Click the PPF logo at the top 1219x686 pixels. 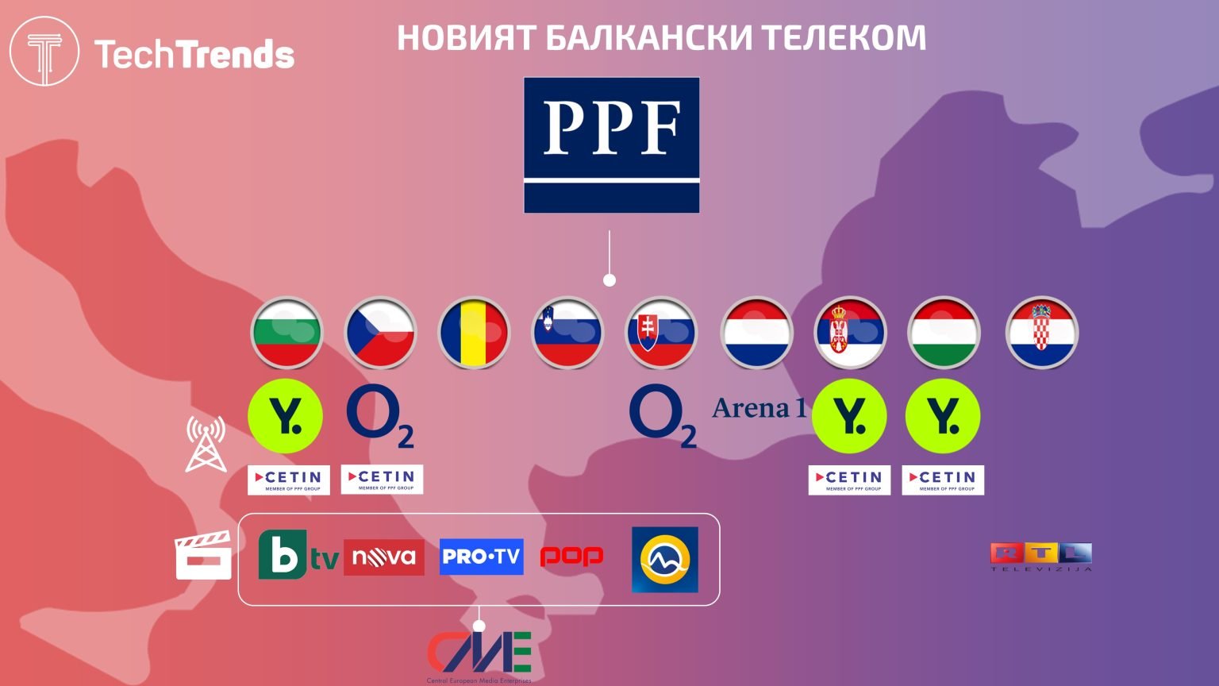tap(611, 145)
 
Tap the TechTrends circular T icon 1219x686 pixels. tap(44, 52)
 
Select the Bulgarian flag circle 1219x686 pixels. tap(286, 333)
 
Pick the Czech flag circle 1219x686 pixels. tap(380, 333)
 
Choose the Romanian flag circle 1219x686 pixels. tap(474, 333)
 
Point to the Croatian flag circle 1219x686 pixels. tap(1041, 333)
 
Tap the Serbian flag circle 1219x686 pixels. tap(850, 333)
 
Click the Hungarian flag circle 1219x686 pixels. tap(944, 333)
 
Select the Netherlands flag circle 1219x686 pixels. tap(756, 333)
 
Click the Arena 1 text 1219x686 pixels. tap(759, 408)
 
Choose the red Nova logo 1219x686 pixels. tap(384, 557)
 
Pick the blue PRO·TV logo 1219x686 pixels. tap(481, 557)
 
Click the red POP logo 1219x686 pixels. tap(571, 557)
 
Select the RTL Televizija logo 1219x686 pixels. tap(1041, 557)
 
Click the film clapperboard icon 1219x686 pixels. tap(203, 556)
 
